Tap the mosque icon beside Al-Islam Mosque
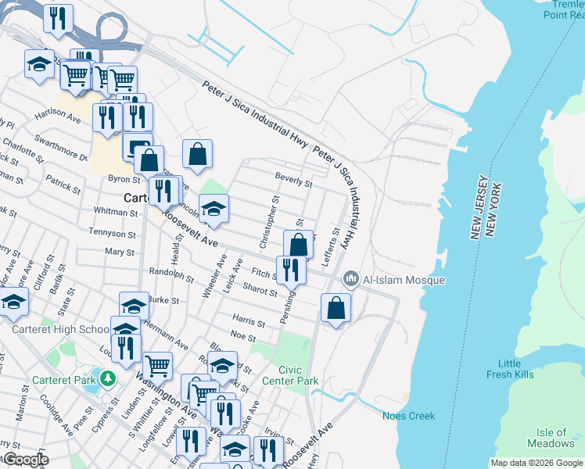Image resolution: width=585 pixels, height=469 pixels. click(351, 279)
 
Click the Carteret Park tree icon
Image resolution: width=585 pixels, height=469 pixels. click(107, 381)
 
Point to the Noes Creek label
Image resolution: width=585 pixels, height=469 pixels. click(408, 416)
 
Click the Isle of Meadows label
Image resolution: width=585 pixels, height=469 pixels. click(551, 438)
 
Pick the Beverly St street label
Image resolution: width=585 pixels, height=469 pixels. click(293, 182)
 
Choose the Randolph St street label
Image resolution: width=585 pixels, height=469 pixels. click(170, 274)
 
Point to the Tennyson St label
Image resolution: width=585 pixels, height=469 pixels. click(112, 234)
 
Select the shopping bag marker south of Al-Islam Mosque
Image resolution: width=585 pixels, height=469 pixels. click(336, 306)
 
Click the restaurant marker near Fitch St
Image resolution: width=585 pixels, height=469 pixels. click(291, 270)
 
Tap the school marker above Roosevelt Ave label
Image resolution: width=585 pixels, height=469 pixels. click(213, 209)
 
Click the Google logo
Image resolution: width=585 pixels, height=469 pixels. click(25, 460)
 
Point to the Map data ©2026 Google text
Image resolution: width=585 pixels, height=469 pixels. click(536, 463)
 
